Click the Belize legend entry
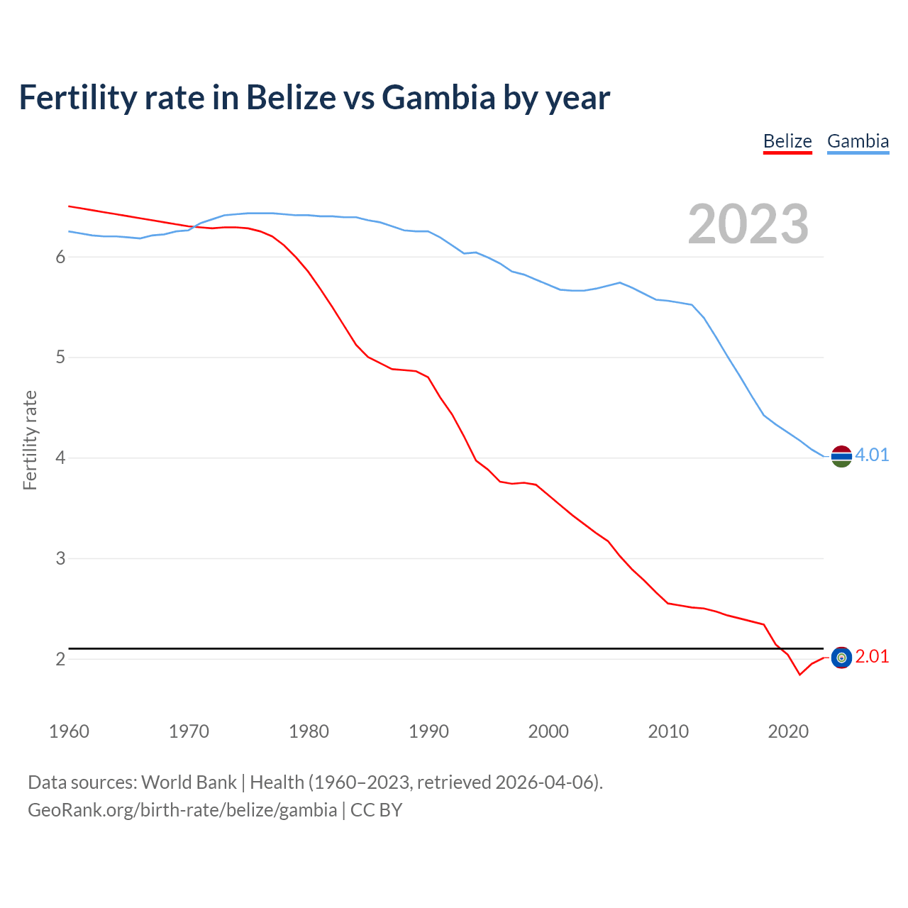point(787,141)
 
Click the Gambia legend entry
point(858,141)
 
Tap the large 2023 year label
point(748,224)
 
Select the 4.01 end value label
point(872,455)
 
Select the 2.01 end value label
point(872,657)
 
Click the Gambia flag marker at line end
point(841,457)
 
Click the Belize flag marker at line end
point(841,658)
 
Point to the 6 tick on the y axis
point(60,257)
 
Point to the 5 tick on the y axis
point(60,358)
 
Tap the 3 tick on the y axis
point(60,558)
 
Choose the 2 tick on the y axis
point(60,659)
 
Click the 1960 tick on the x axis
point(69,731)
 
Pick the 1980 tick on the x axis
point(309,731)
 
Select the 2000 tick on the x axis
point(548,731)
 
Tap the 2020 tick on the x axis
point(788,731)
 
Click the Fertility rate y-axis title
point(30,440)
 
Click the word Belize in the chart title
point(292,97)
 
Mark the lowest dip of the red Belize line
point(799,675)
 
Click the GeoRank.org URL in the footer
point(182,810)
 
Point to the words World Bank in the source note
point(189,782)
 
